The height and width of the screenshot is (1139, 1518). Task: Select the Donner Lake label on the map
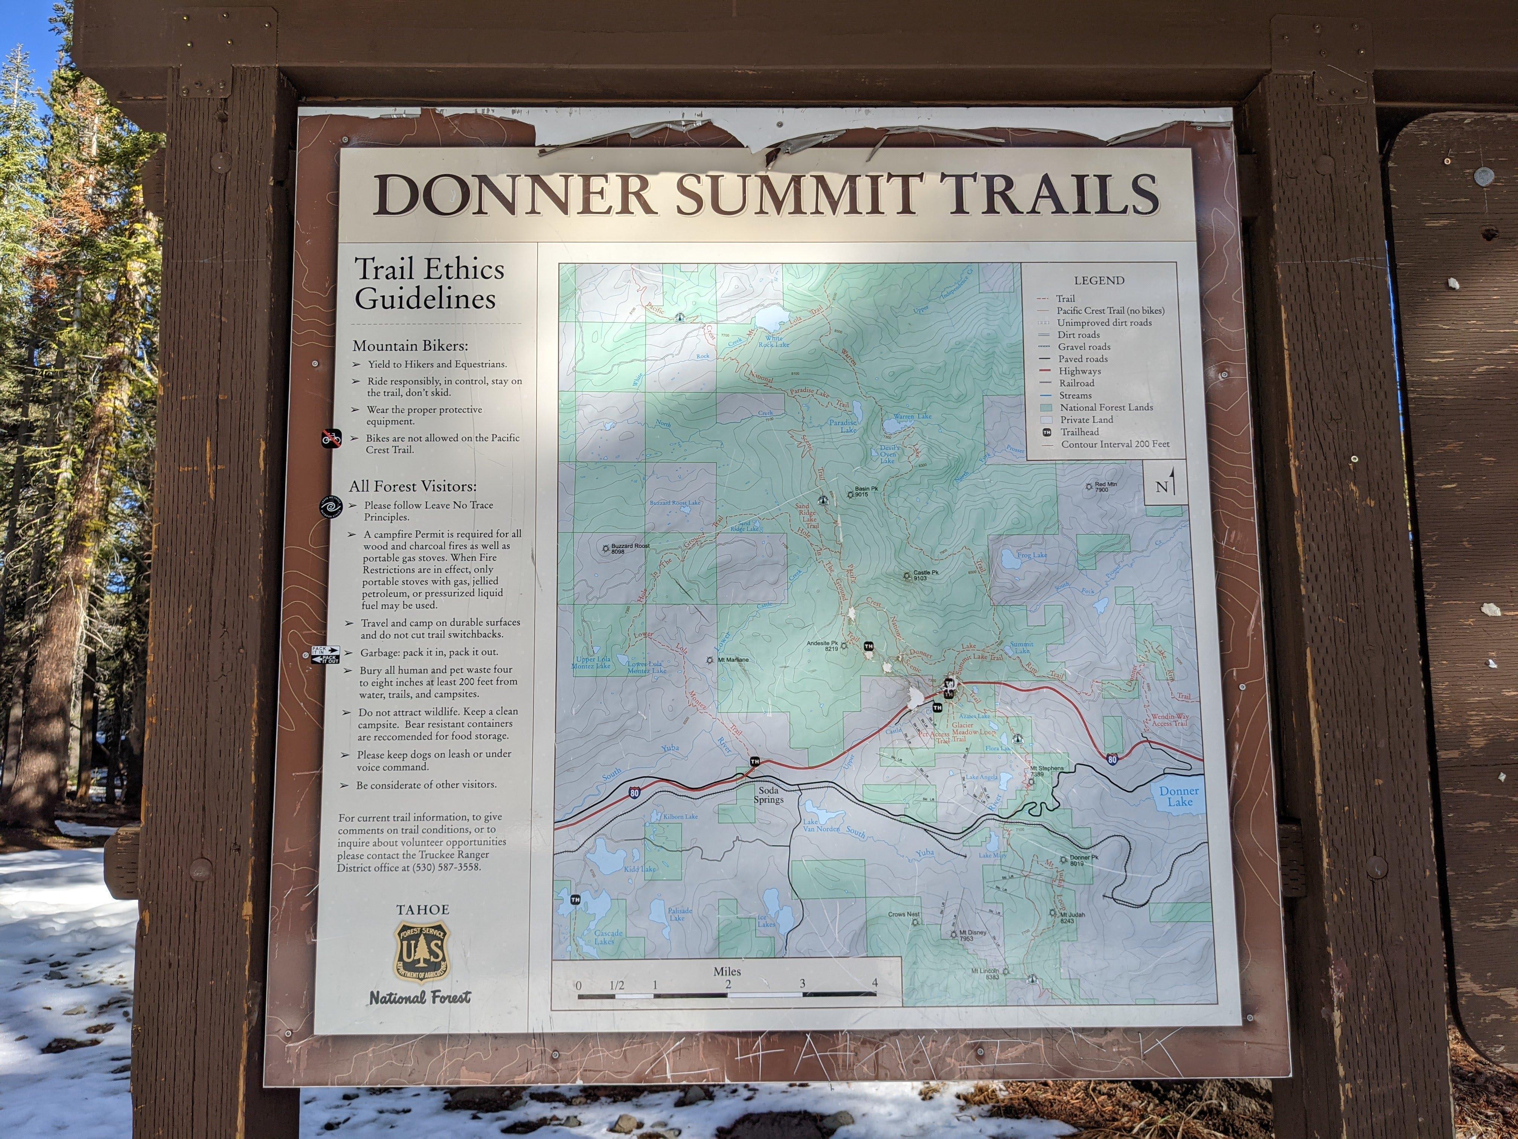[1179, 796]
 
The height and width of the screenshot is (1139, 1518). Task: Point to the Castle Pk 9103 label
[924, 575]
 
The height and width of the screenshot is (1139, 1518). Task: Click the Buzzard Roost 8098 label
[629, 548]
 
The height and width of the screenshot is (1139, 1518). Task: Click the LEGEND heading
[1099, 280]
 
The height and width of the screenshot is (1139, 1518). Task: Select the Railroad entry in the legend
[1076, 383]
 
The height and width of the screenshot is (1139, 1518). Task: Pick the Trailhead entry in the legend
[1079, 432]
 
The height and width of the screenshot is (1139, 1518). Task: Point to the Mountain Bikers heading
[410, 345]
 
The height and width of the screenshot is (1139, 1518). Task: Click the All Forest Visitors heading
[412, 486]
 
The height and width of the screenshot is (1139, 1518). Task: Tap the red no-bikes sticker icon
[331, 438]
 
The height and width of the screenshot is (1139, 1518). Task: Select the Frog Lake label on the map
[1032, 555]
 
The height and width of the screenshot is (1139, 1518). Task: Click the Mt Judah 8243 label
[1072, 917]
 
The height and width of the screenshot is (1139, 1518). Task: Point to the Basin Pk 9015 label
[861, 492]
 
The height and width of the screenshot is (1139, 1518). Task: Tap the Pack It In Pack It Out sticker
[325, 654]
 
